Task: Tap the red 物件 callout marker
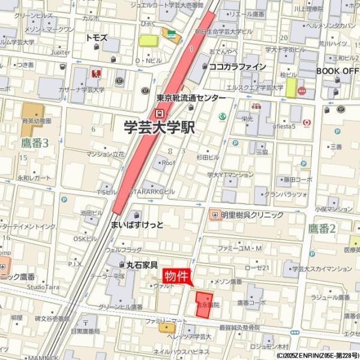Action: (177, 275)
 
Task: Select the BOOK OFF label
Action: (337, 71)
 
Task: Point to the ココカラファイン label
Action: (237, 67)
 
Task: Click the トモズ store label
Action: (96, 37)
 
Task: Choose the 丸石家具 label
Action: (142, 265)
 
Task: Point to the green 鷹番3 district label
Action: (34, 142)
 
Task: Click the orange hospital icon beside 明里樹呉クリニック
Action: (214, 214)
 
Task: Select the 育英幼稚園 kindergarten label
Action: (37, 121)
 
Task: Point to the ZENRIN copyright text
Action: (317, 355)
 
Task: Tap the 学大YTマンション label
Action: (230, 175)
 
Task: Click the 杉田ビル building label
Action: (208, 156)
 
